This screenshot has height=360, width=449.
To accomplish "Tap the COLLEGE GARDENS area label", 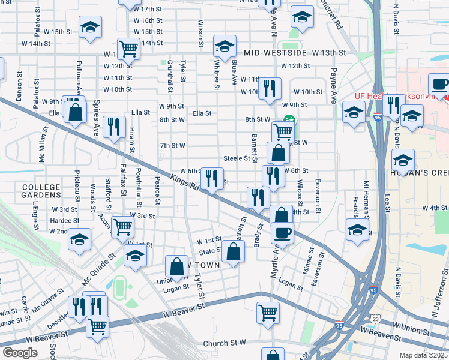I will tap(41, 191).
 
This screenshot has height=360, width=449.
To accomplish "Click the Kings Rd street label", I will tap(184, 182).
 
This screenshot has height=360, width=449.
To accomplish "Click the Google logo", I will tap(20, 352).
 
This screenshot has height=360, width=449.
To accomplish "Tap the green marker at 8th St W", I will tap(289, 119).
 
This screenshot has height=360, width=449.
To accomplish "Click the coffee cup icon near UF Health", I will tap(439, 84).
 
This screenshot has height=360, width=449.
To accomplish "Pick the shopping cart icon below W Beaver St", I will tap(268, 311).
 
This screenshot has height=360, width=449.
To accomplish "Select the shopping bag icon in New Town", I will tap(177, 266).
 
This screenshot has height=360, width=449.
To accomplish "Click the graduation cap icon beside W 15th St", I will tap(90, 27).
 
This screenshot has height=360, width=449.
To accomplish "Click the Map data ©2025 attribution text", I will tap(424, 355).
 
